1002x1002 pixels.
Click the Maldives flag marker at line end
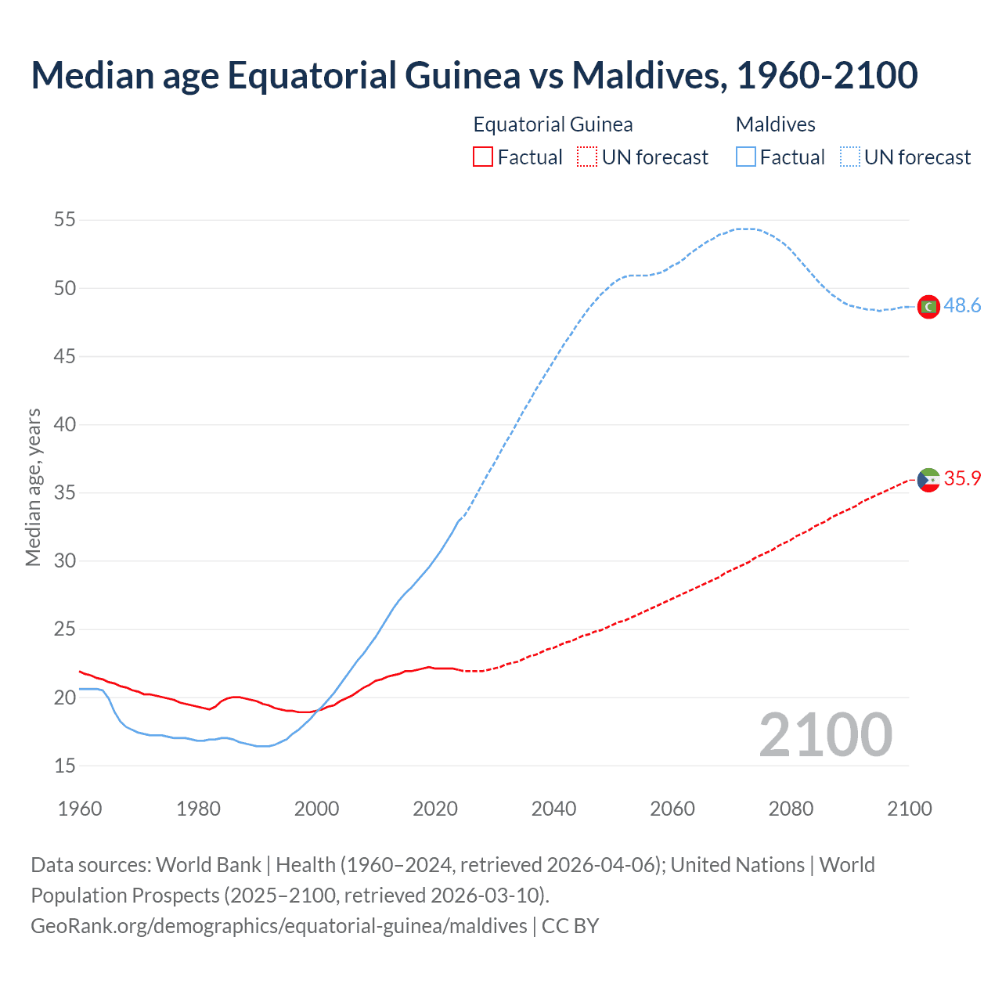928,306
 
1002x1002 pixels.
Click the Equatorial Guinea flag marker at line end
928,479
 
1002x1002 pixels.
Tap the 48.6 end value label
962,306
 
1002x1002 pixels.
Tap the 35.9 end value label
962,479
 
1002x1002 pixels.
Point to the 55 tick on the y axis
65,220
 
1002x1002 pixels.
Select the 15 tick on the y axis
65,766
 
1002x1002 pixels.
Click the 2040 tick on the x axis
553,809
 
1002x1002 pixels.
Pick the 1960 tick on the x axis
80,809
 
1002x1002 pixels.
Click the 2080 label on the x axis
791,809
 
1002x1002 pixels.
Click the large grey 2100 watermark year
826,735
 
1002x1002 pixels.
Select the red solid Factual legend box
483,157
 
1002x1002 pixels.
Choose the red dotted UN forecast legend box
587,157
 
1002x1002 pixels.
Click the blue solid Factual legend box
746,157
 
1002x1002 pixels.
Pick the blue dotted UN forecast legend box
850,157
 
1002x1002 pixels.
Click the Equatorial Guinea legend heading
553,124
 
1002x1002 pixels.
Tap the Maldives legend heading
775,124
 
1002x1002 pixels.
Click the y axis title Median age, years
33,487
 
